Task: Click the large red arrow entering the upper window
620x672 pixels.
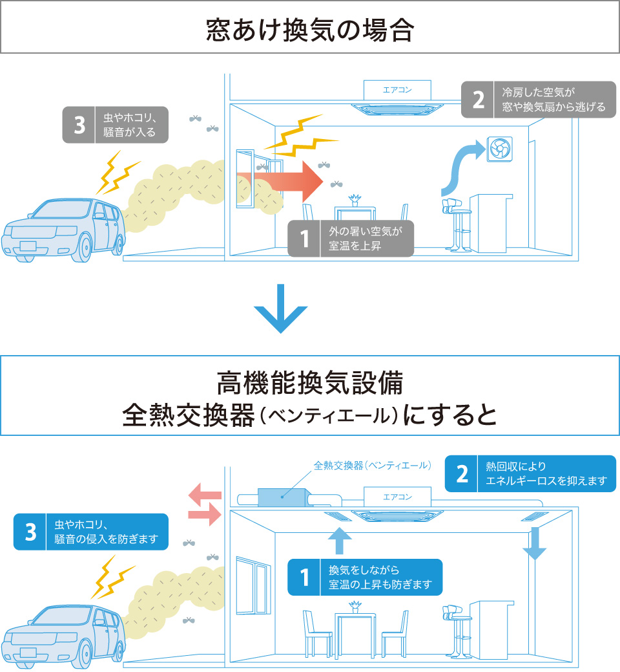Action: [x=284, y=182]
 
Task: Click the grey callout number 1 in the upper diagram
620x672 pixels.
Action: [x=304, y=239]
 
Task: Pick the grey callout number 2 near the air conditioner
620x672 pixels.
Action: [x=478, y=99]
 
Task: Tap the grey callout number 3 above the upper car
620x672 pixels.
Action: [x=79, y=125]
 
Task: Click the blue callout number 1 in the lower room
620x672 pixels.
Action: [x=304, y=577]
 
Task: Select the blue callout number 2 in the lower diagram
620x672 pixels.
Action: [x=462, y=473]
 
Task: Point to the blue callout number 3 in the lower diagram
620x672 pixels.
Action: [x=30, y=532]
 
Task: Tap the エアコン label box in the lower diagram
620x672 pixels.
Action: [x=397, y=497]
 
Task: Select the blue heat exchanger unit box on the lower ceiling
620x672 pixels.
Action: [x=282, y=497]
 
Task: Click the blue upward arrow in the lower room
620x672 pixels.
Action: [x=340, y=541]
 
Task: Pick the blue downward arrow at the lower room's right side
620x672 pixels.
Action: [x=534, y=544]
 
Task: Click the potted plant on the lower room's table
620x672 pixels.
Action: [x=354, y=607]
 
